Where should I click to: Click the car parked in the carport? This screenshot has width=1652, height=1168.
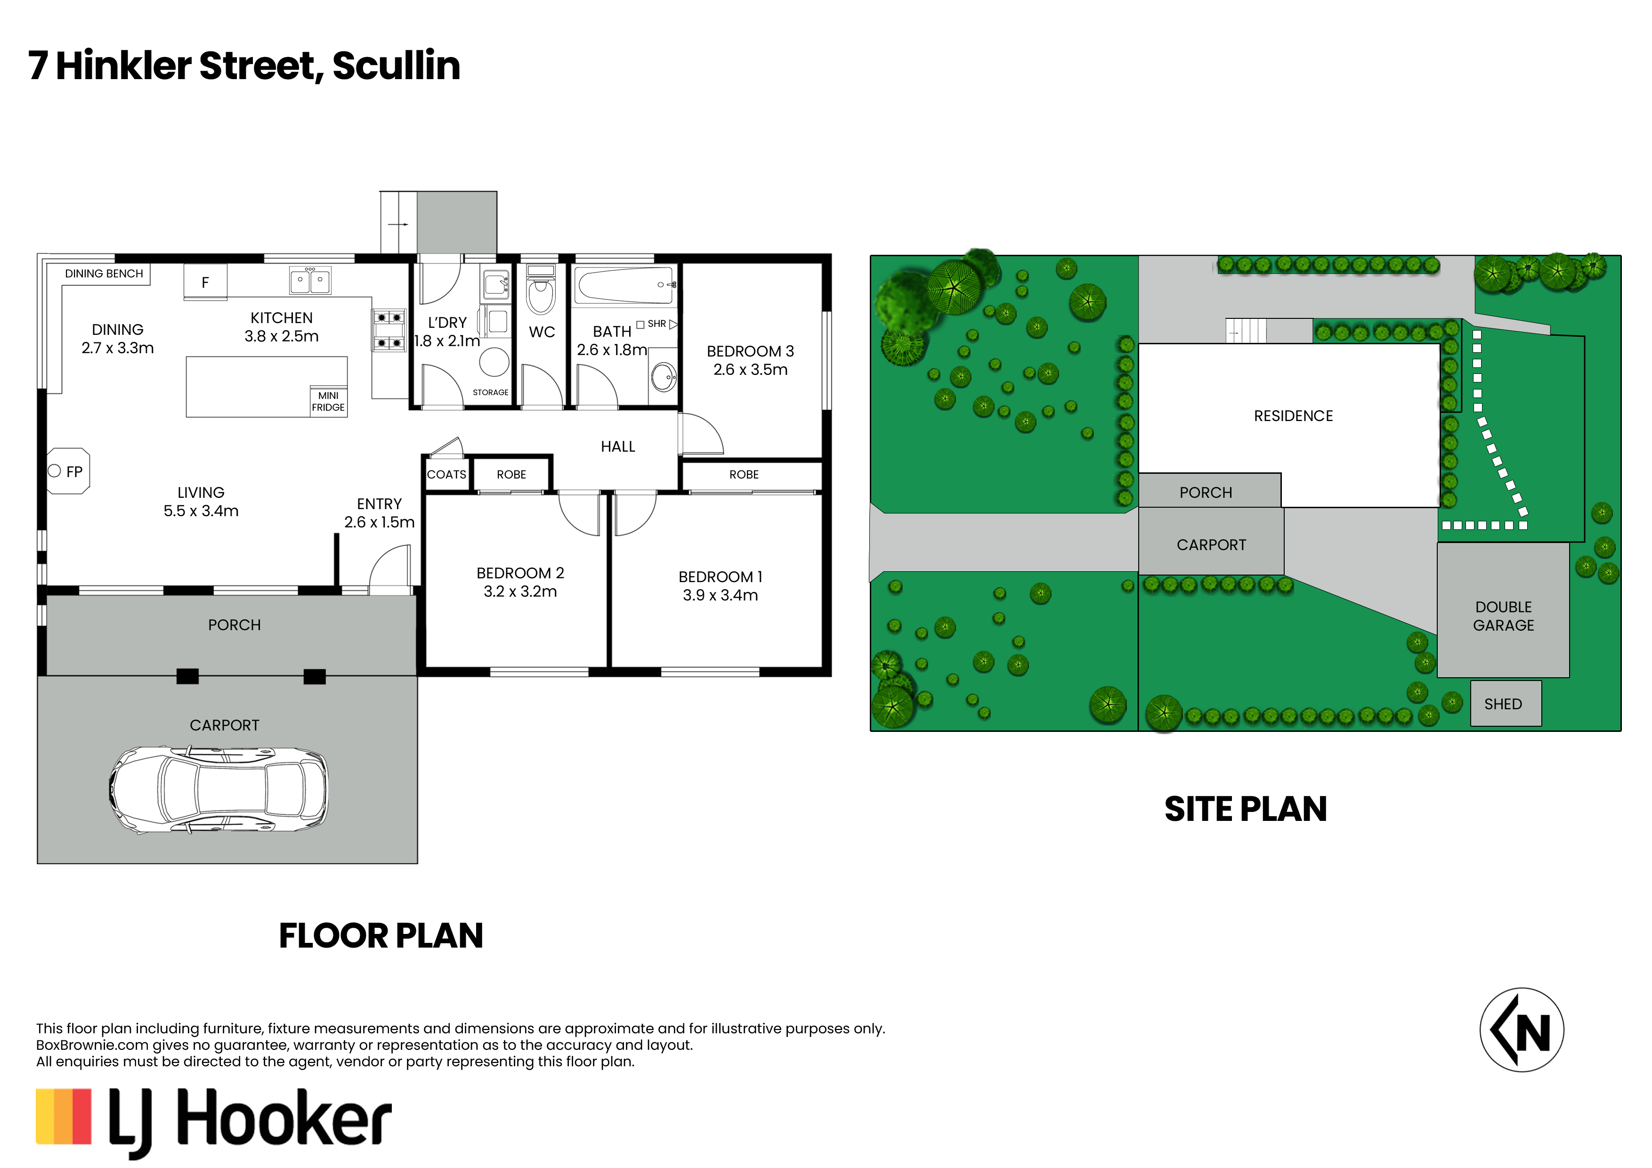219,789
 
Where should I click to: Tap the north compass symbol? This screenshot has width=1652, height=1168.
1521,1030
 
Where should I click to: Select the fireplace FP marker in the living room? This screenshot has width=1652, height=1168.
68,471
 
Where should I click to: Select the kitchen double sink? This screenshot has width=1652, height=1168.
310,280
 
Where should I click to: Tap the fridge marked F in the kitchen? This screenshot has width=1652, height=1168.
205,282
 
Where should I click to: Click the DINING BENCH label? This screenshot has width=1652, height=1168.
105,274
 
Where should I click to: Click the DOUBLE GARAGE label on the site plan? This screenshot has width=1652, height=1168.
1503,616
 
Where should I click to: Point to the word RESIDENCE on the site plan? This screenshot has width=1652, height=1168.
1293,416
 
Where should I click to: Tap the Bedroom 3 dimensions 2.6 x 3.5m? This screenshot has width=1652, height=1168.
751,369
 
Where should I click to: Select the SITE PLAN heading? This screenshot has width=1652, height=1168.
1246,809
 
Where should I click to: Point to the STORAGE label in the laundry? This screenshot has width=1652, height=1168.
491,392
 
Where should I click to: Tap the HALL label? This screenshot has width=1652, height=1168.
618,446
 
